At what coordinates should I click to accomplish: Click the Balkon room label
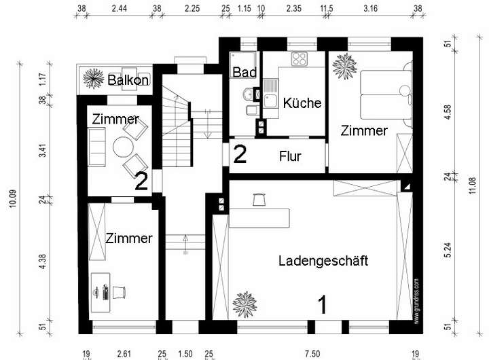tap(128, 80)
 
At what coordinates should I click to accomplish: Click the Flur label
tap(290, 157)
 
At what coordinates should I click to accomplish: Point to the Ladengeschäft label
tap(323, 259)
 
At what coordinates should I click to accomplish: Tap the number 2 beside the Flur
tap(239, 154)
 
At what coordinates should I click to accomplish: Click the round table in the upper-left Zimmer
tap(124, 147)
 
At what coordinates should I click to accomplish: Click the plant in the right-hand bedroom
tap(345, 66)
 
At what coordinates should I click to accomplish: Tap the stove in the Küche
tap(299, 58)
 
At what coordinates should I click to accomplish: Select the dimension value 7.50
tap(312, 353)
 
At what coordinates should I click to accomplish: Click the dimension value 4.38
tap(42, 262)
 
